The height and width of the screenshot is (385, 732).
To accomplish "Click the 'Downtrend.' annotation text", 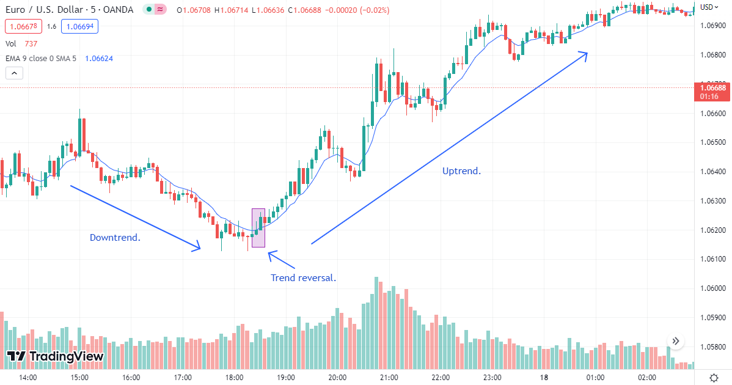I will [115, 237].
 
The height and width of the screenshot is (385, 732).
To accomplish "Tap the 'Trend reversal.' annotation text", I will [303, 278].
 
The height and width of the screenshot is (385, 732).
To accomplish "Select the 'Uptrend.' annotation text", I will [461, 171].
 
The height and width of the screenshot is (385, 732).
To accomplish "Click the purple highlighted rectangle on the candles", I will [258, 228].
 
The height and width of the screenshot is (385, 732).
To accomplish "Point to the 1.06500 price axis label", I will [712, 142].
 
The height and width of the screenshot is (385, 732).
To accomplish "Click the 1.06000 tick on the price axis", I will [712, 288].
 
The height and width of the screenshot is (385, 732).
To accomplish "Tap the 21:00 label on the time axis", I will [389, 377].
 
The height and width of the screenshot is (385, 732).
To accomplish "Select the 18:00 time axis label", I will [235, 377].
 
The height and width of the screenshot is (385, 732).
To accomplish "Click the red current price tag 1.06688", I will [712, 88].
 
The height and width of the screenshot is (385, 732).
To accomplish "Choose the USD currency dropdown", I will [708, 7].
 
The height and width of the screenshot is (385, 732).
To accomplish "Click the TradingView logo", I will [55, 356].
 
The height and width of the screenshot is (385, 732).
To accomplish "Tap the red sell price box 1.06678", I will [22, 26].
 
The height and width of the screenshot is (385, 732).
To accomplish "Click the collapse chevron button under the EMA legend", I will [14, 73].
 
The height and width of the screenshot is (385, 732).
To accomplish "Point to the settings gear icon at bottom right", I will [714, 376].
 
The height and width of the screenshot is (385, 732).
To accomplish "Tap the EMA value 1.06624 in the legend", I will [99, 59].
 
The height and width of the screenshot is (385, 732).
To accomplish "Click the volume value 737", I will [31, 43].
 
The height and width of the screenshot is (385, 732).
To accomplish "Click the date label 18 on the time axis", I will [544, 377].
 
